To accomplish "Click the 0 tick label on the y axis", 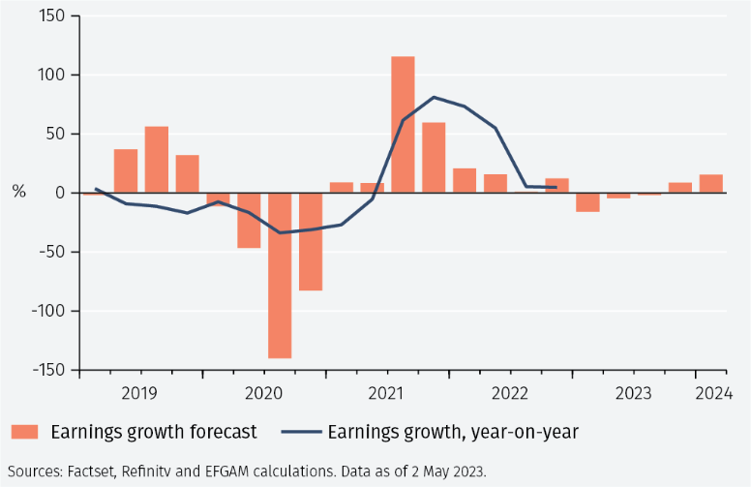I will point(60,193).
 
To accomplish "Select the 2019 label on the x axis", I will point(139,393).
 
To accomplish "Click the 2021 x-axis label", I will point(386,393).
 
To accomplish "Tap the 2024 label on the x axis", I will point(713,393).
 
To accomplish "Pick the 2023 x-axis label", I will point(634,393).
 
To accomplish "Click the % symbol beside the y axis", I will point(18,193).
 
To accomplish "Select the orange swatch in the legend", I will point(25,432).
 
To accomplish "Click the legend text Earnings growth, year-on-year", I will point(453,432).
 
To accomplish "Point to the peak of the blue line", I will point(433,97).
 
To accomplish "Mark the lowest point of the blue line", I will point(280,232).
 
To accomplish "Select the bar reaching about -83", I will point(311,242).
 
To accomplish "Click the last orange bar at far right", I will point(711,184).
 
